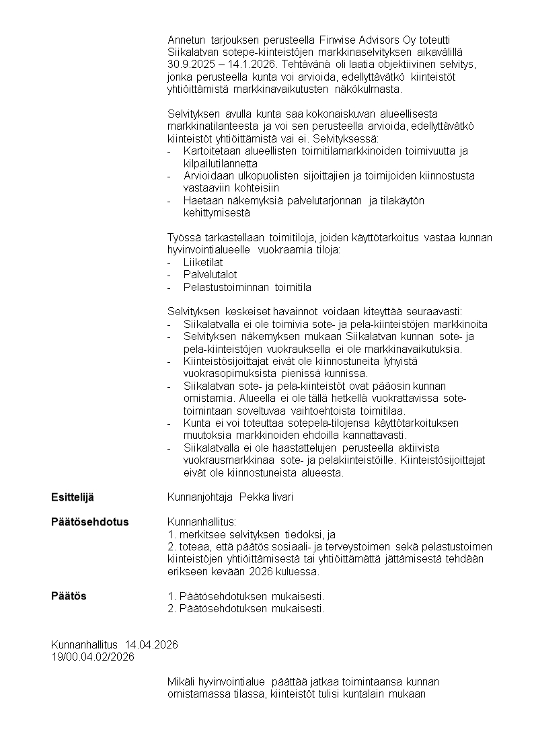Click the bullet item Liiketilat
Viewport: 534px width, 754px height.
coord(203,262)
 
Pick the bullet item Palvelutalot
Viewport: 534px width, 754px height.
coord(210,275)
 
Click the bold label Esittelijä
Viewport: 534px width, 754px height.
coord(73,497)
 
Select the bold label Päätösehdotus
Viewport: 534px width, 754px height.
coord(89,522)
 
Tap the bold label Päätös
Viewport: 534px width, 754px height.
coord(69,596)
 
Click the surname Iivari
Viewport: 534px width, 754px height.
coord(282,497)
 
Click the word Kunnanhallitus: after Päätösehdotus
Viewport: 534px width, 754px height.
coord(202,522)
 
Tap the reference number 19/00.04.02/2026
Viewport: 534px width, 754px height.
coord(92,657)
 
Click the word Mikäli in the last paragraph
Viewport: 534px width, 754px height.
coord(179,682)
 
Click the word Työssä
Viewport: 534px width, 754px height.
coord(182,237)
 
